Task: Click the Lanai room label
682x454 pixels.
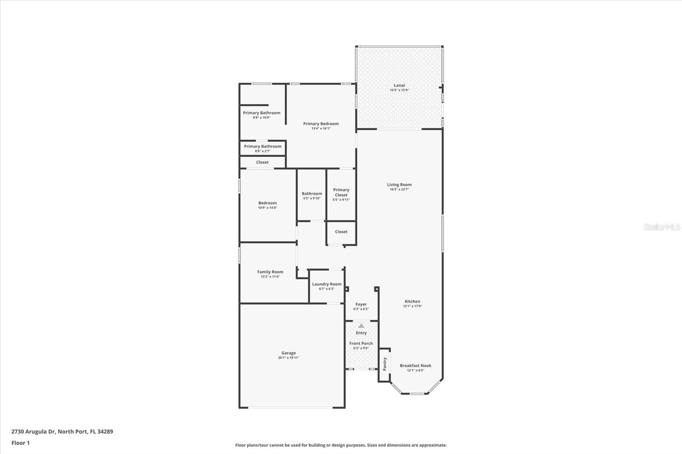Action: click(x=399, y=85)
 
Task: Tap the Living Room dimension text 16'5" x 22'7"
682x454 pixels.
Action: click(x=399, y=190)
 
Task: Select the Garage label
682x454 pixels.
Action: click(x=288, y=353)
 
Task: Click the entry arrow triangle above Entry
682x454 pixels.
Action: click(x=361, y=326)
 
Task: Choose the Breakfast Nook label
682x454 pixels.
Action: click(x=415, y=365)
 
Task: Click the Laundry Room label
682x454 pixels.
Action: click(x=327, y=284)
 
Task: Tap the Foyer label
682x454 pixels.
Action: click(x=361, y=304)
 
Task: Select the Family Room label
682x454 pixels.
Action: click(x=270, y=272)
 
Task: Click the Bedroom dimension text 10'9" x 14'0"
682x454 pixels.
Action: click(x=267, y=208)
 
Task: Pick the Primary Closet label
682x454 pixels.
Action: click(x=341, y=192)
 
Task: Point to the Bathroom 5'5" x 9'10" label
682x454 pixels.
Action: click(x=312, y=193)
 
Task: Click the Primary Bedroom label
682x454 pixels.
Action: click(x=321, y=124)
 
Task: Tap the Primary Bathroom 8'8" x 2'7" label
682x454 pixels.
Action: click(x=263, y=146)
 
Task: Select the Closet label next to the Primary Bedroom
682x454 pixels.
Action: click(x=262, y=162)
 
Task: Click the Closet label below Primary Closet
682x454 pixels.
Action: click(x=341, y=232)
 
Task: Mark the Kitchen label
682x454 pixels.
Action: click(x=412, y=301)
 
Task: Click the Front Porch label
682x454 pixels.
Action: click(x=361, y=343)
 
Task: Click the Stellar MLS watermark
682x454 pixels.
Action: click(x=662, y=227)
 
